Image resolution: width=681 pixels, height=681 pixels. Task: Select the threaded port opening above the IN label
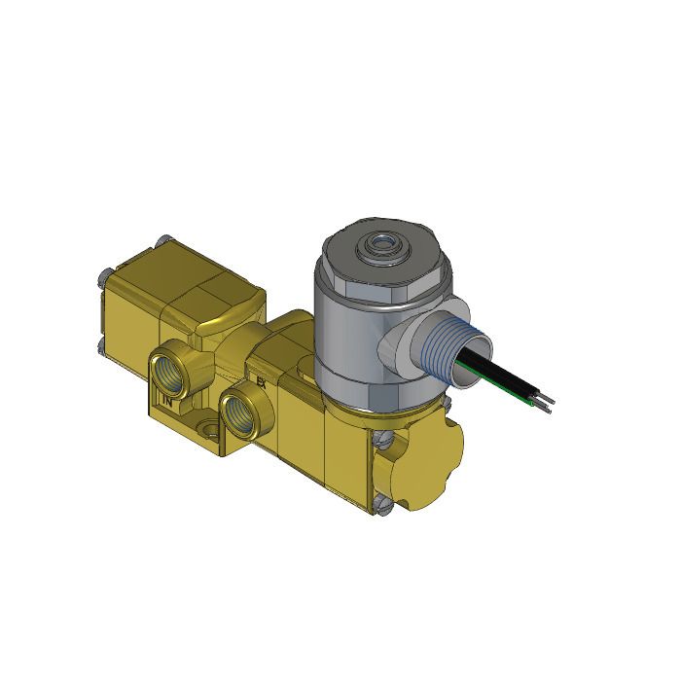(174, 369)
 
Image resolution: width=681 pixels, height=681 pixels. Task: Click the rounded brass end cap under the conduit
(428, 457)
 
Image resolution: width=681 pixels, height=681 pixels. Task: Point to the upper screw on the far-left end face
(100, 280)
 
